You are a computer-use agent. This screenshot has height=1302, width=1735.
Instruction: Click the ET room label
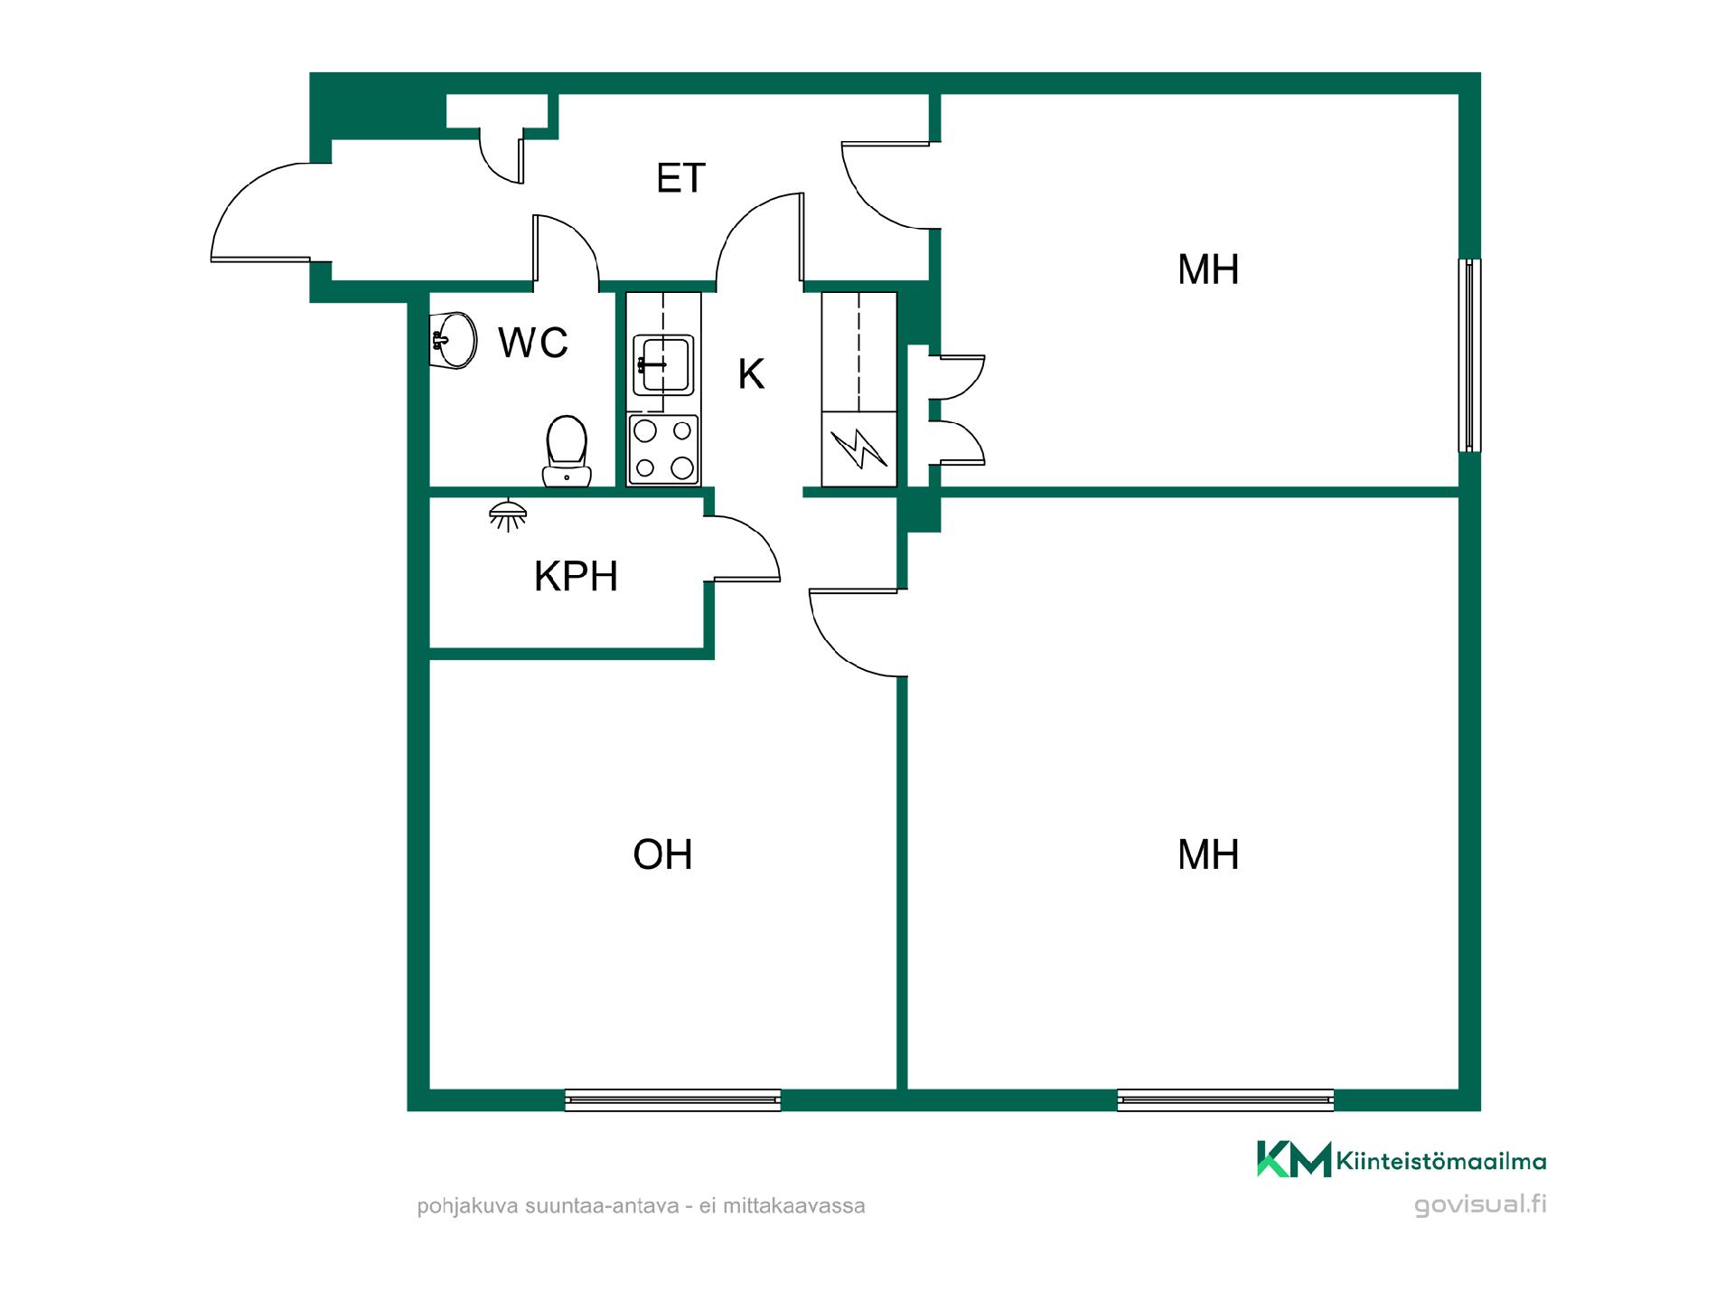pyautogui.click(x=680, y=178)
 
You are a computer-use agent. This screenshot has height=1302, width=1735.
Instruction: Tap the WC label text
pyautogui.click(x=533, y=343)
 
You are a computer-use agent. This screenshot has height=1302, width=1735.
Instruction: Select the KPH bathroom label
pyautogui.click(x=576, y=577)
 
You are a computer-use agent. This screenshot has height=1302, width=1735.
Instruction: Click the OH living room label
pyautogui.click(x=662, y=854)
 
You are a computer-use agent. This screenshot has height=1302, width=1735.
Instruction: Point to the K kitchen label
pyautogui.click(x=751, y=373)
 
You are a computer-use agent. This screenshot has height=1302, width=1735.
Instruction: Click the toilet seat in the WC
pyautogui.click(x=567, y=451)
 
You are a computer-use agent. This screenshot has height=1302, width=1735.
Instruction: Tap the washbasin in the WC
pyautogui.click(x=454, y=340)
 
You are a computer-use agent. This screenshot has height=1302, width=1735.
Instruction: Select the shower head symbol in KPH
pyautogui.click(x=508, y=514)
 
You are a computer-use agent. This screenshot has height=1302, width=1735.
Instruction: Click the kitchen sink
pyautogui.click(x=663, y=364)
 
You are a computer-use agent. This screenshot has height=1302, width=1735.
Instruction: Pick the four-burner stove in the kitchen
pyautogui.click(x=663, y=449)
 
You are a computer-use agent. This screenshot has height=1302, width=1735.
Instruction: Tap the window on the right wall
pyautogui.click(x=1470, y=355)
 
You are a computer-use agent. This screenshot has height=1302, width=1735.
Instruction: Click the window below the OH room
pyautogui.click(x=672, y=1099)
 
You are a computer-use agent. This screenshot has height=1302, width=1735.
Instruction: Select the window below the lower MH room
pyautogui.click(x=1225, y=1099)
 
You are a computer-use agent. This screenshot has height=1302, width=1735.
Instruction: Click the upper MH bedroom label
pyautogui.click(x=1208, y=269)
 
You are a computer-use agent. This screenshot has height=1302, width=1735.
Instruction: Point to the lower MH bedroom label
pyautogui.click(x=1208, y=854)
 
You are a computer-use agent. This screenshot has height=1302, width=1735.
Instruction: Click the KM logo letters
pyautogui.click(x=1294, y=1159)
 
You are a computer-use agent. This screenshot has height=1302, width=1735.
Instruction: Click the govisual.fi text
pyautogui.click(x=1480, y=1204)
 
